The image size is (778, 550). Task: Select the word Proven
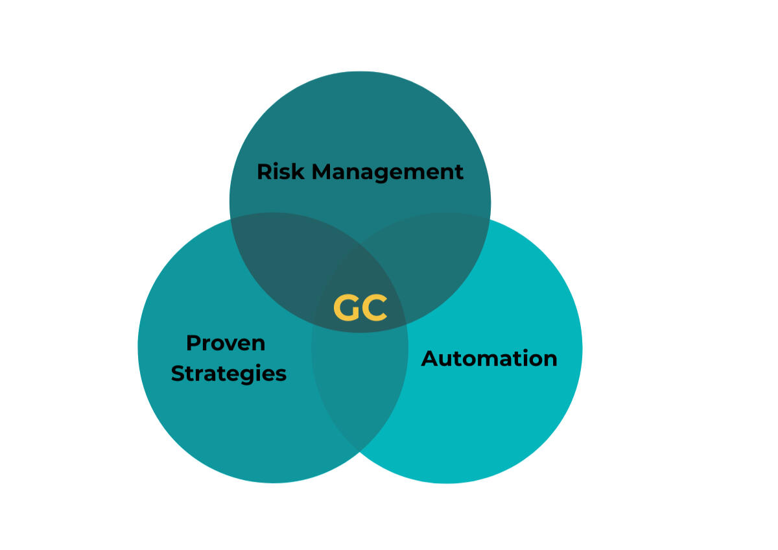pyautogui.click(x=226, y=342)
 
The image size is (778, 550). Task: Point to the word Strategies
pyautogui.click(x=228, y=374)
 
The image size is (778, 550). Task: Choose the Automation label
pyautogui.click(x=489, y=358)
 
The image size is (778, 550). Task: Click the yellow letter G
pyautogui.click(x=346, y=308)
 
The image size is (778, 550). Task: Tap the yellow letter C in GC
pyautogui.click(x=375, y=308)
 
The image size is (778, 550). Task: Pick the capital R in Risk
pyautogui.click(x=263, y=172)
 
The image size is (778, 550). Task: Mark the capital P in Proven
pyautogui.click(x=192, y=342)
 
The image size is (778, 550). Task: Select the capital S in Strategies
pyautogui.click(x=177, y=374)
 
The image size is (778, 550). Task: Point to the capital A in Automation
pyautogui.click(x=429, y=358)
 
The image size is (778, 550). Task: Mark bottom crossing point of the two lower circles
pyautogui.click(x=360, y=451)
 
